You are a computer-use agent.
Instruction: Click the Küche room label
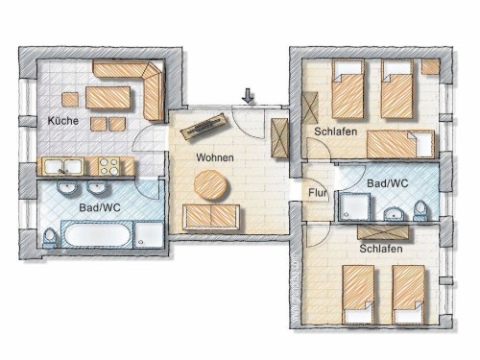63,121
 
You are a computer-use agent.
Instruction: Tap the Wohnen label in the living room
215,157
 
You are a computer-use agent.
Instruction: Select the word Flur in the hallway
318,193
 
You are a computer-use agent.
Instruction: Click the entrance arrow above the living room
248,96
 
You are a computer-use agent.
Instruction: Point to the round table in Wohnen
211,185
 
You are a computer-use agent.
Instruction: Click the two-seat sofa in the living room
211,217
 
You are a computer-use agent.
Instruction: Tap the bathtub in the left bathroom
97,234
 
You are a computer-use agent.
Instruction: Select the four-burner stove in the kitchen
108,166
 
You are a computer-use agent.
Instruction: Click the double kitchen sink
63,166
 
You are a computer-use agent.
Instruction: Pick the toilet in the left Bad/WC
50,237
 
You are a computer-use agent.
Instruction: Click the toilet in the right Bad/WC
420,210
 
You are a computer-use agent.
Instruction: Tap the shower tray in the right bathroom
354,206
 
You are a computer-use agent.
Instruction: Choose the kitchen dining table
108,98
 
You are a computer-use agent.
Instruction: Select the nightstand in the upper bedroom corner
430,67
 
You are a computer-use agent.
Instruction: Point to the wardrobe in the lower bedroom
383,232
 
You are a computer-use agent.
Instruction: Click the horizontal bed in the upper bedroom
401,144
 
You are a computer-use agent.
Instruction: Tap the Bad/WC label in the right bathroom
388,183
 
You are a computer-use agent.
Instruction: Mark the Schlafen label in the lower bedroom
381,249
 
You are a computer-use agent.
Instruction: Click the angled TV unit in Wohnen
204,126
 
